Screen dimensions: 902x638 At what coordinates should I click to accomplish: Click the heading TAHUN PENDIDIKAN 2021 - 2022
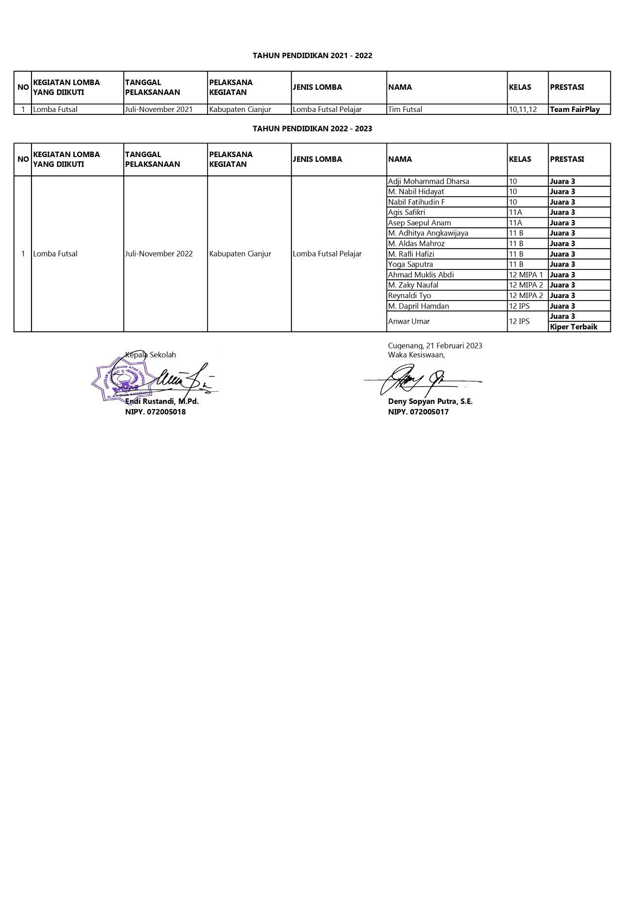tap(312, 56)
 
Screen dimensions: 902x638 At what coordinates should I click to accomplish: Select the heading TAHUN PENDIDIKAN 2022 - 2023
tap(312, 128)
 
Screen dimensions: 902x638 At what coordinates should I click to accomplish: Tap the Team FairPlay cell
tap(574, 110)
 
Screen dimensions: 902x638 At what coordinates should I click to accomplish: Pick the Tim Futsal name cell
tap(405, 110)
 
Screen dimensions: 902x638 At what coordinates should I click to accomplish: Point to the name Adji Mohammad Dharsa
tap(429, 181)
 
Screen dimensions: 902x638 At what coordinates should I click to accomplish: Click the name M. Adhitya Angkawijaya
tap(428, 233)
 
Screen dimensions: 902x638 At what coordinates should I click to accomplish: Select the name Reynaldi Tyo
tap(409, 296)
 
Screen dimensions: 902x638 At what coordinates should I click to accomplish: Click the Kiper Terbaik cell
tap(574, 327)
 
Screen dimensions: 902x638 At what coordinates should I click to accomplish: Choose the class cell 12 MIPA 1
tap(526, 275)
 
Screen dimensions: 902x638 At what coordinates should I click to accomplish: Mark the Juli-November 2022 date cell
tap(159, 254)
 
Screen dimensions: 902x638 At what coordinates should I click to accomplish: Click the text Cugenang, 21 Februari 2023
tap(435, 346)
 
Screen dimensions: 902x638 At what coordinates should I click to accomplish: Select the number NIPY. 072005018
tap(155, 412)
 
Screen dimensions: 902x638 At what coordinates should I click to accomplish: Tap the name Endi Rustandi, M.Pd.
tap(162, 401)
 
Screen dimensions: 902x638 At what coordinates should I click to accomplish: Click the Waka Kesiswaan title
tap(416, 355)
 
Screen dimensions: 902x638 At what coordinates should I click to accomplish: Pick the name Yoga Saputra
tap(410, 264)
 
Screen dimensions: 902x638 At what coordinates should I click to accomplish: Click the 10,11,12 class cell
tap(523, 110)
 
